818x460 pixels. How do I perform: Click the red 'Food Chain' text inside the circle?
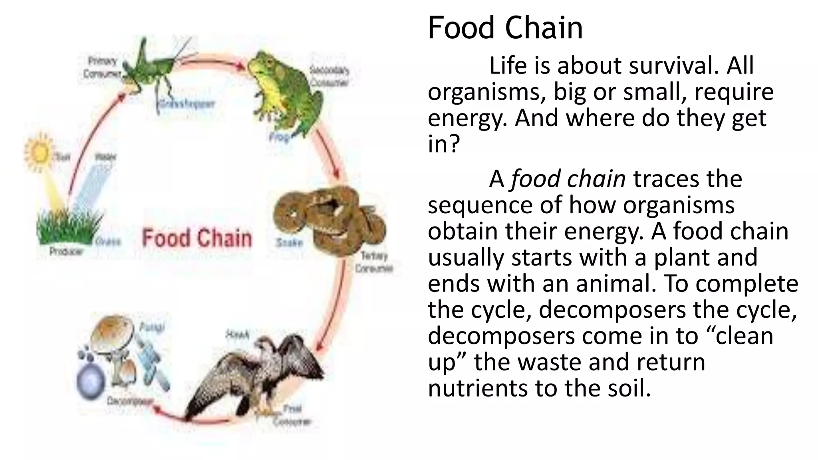pyautogui.click(x=197, y=238)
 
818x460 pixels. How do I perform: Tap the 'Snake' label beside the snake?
pyautogui.click(x=289, y=243)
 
